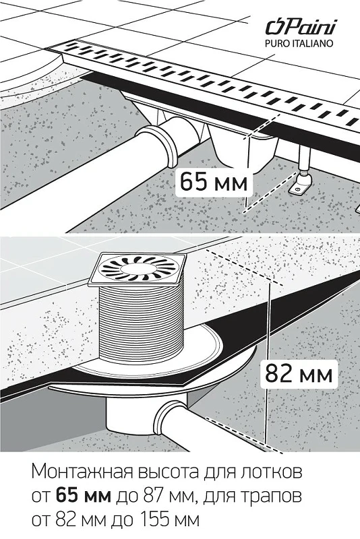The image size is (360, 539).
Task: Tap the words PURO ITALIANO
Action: pos(299,44)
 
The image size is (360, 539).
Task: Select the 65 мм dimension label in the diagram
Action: pos(214,181)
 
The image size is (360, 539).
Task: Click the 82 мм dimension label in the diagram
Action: pos(299,374)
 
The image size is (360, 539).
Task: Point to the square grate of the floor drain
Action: pos(137,269)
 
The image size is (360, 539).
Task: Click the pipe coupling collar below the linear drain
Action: pos(160,146)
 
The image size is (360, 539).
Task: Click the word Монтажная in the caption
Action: pos(82,472)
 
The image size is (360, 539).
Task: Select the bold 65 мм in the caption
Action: pos(83,496)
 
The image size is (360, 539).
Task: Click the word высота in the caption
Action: pos(168,472)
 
